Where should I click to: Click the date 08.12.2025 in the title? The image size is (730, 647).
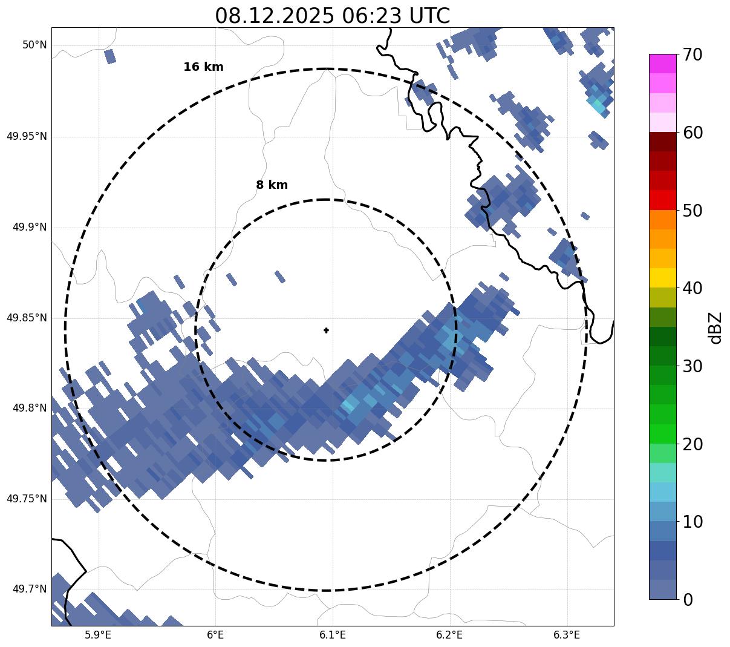[274, 16]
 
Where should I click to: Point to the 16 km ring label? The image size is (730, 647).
[203, 67]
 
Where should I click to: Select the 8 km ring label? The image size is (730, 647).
[272, 185]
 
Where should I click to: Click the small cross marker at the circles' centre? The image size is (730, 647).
[327, 330]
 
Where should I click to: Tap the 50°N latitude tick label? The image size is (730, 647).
[34, 45]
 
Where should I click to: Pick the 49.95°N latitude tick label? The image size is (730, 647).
[27, 136]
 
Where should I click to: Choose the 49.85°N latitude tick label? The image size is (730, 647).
[27, 318]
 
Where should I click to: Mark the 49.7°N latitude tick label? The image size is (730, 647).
[29, 590]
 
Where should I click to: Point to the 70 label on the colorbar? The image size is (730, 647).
[693, 55]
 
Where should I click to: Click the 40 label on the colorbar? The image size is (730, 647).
[693, 289]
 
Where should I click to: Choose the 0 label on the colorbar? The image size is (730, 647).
[688, 600]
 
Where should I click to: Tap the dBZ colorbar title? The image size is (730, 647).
[716, 327]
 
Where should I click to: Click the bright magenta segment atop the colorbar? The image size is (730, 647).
[662, 64]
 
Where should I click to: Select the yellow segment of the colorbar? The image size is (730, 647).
[662, 278]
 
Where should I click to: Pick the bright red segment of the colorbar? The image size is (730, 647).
[662, 200]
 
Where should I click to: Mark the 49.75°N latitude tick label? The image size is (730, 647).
[27, 499]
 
